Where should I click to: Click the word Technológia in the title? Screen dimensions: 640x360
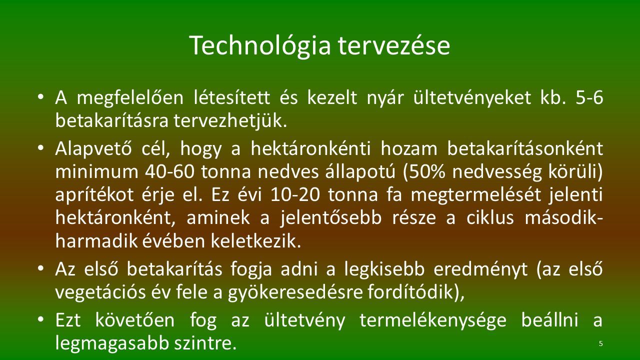[260, 45]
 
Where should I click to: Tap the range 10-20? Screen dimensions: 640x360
[295, 195]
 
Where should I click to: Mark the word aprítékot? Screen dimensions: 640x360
[94, 195]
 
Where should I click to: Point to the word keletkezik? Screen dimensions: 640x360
[256, 241]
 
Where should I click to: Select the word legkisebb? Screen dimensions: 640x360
[384, 270]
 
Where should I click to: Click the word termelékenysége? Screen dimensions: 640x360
[433, 321]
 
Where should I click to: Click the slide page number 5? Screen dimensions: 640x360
[601, 343]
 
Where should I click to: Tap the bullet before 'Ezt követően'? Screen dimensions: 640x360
[41, 319]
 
